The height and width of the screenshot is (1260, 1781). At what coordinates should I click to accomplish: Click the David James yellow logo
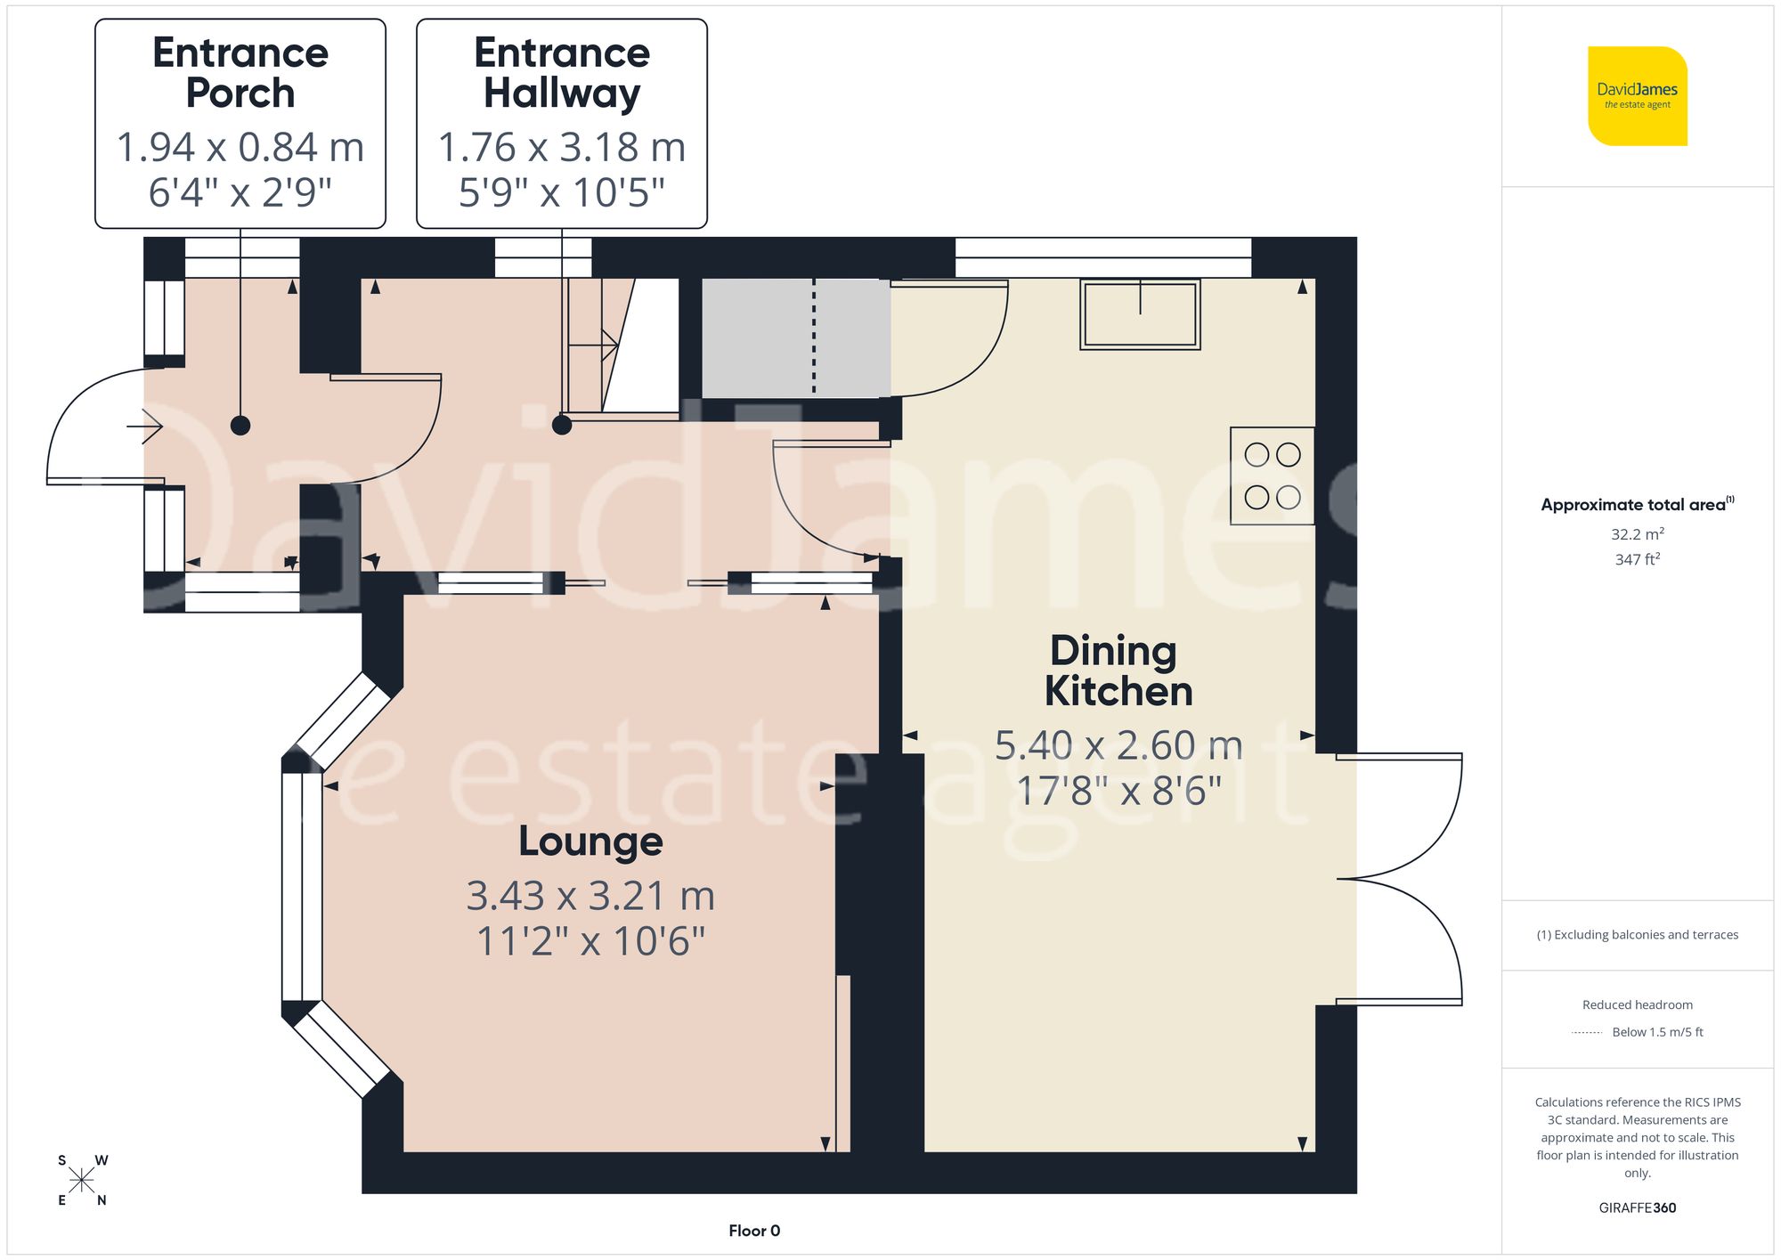pos(1637,96)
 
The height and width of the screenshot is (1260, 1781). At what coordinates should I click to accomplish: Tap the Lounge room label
pos(590,841)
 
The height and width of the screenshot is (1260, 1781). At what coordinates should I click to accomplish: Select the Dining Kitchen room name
pos(1117,671)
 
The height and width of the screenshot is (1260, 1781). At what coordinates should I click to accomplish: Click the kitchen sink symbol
pos(1140,313)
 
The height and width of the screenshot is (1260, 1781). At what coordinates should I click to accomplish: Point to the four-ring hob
pos(1272,476)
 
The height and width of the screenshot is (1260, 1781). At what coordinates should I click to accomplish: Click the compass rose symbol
pos(81,1181)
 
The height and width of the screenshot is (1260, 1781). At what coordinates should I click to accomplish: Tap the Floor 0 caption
pos(753,1231)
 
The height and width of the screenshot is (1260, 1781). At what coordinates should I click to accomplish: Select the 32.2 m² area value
pos(1637,534)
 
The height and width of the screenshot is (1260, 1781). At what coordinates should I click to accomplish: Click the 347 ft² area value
pos(1637,559)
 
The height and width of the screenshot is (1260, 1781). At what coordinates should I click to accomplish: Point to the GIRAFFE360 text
pos(1637,1207)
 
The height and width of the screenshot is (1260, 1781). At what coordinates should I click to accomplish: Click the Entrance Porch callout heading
pos(240,73)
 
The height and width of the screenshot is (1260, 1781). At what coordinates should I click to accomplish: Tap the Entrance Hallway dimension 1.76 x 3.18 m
pos(562,148)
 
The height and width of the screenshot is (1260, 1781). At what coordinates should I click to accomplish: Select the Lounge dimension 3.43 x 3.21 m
pos(590,896)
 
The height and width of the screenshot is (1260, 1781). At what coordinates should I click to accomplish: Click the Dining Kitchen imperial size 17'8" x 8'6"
pos(1118,791)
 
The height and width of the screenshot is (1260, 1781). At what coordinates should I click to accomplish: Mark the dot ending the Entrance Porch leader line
pos(240,426)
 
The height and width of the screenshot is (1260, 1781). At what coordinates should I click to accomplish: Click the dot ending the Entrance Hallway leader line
pos(562,425)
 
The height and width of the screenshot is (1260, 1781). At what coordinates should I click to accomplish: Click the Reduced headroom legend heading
pos(1637,1004)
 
